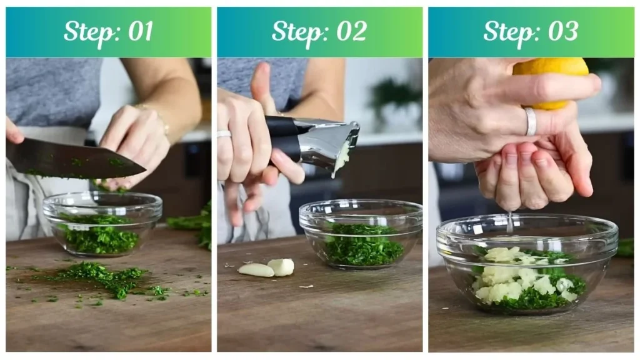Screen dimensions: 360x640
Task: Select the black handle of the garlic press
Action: (x=284, y=134)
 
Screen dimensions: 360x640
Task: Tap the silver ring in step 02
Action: (x=224, y=134)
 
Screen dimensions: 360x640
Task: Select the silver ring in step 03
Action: (x=530, y=121)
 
